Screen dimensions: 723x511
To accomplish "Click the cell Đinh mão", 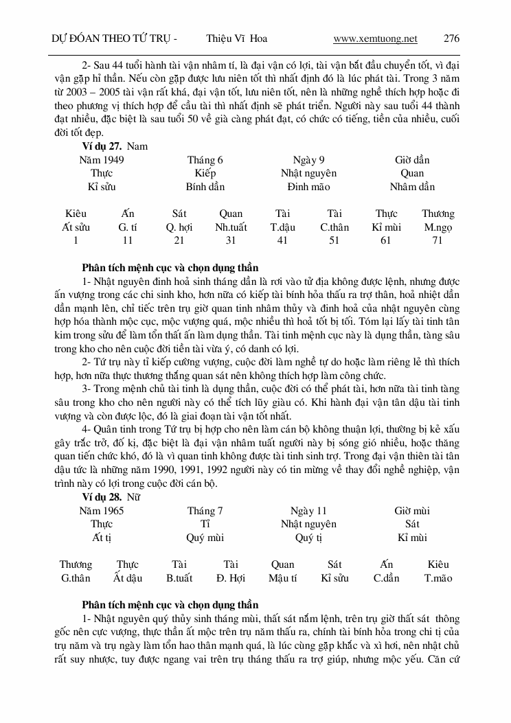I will click(x=308, y=187).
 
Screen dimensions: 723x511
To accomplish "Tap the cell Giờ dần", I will click(x=412, y=160).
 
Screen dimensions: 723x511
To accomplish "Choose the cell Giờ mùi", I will click(x=412, y=511).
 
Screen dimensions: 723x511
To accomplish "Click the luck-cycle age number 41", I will click(x=282, y=240).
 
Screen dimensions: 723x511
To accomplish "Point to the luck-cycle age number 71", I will click(x=438, y=240).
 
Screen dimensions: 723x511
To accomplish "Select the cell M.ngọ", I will click(x=438, y=227).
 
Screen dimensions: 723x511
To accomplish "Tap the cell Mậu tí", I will click(x=282, y=578).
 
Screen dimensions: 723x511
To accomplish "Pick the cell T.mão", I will click(x=438, y=578).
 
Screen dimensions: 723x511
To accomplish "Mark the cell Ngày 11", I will click(x=308, y=511).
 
